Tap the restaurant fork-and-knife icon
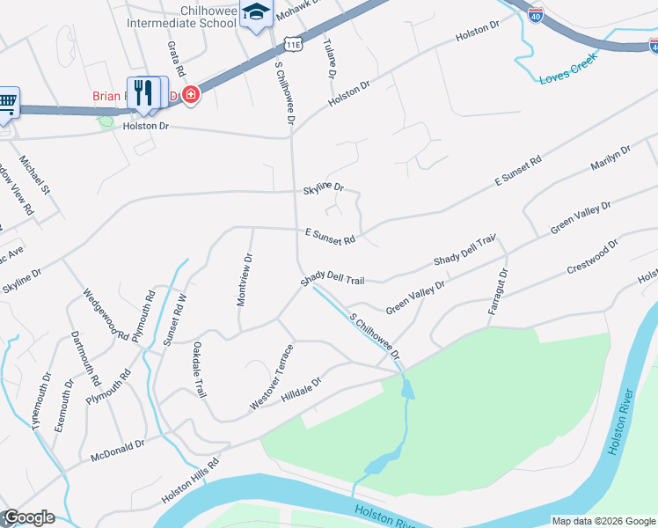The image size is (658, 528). [147, 92]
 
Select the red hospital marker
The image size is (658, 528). [190, 95]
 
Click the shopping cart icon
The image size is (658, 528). [7, 100]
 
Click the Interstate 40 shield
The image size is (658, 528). [536, 14]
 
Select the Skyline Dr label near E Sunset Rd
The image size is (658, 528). [323, 187]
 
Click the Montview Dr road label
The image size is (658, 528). [245, 280]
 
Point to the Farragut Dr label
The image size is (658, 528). [499, 291]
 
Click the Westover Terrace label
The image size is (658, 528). [272, 376]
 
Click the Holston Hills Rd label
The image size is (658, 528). [189, 480]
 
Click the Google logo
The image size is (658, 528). [28, 517]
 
